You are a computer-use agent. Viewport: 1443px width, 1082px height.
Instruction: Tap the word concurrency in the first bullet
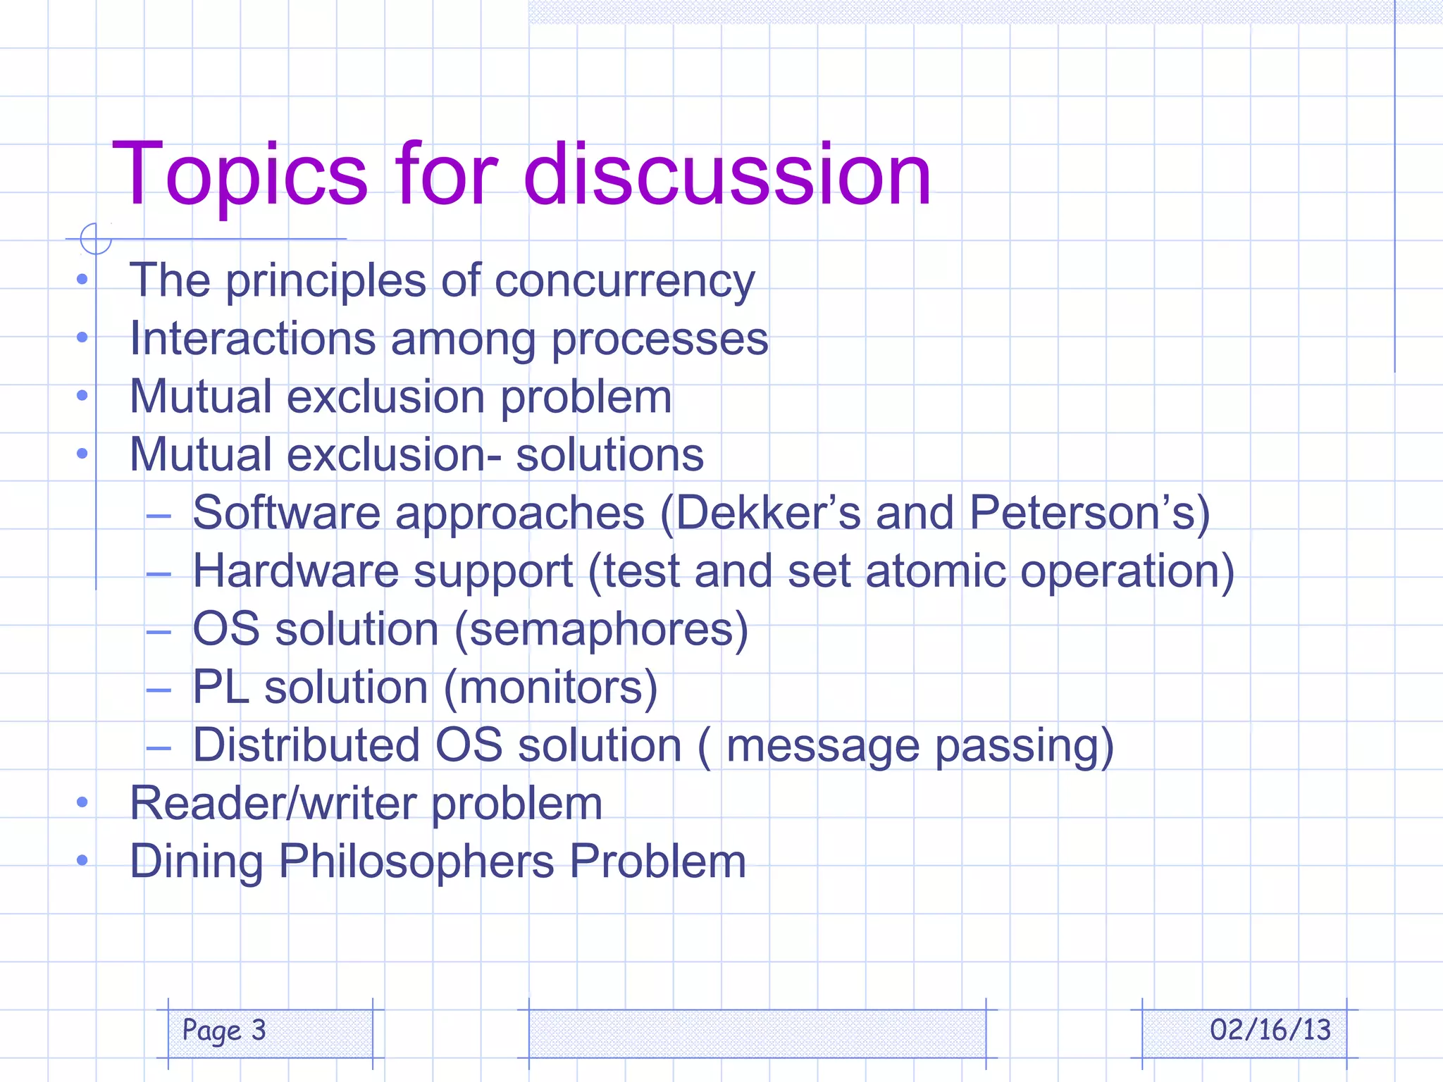coord(624,281)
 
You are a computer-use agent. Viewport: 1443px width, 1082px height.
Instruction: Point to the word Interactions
coord(252,339)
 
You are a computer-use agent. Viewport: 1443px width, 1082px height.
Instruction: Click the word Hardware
coord(295,571)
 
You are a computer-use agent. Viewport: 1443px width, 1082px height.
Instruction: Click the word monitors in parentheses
coord(550,688)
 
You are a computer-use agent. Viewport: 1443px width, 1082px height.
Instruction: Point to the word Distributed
coord(306,745)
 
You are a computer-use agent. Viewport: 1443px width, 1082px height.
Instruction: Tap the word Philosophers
coord(416,862)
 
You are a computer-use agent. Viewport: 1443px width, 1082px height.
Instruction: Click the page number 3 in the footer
coord(259,1030)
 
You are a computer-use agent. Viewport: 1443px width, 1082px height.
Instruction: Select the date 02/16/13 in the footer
coord(1270,1030)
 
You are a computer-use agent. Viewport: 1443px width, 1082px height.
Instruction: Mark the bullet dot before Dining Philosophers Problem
coord(82,860)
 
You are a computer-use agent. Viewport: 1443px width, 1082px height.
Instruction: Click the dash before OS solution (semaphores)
coord(159,632)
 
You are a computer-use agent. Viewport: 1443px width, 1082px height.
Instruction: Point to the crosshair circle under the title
coord(96,238)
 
